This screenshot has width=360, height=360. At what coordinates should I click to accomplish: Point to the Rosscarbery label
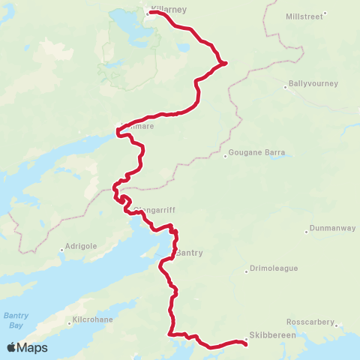310,321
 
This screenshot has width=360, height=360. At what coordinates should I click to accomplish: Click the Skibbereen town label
274,334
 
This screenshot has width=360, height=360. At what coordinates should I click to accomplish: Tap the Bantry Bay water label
15,319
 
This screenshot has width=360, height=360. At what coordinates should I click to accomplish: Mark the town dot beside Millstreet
325,13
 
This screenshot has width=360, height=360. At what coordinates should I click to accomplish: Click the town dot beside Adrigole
61,250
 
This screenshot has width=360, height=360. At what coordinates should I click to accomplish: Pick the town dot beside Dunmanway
307,230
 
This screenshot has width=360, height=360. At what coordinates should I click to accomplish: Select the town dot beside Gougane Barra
226,156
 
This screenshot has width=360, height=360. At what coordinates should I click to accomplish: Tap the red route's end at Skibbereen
246,343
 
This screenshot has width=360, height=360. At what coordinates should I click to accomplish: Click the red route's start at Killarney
151,12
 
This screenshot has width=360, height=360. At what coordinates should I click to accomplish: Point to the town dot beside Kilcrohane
70,324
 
